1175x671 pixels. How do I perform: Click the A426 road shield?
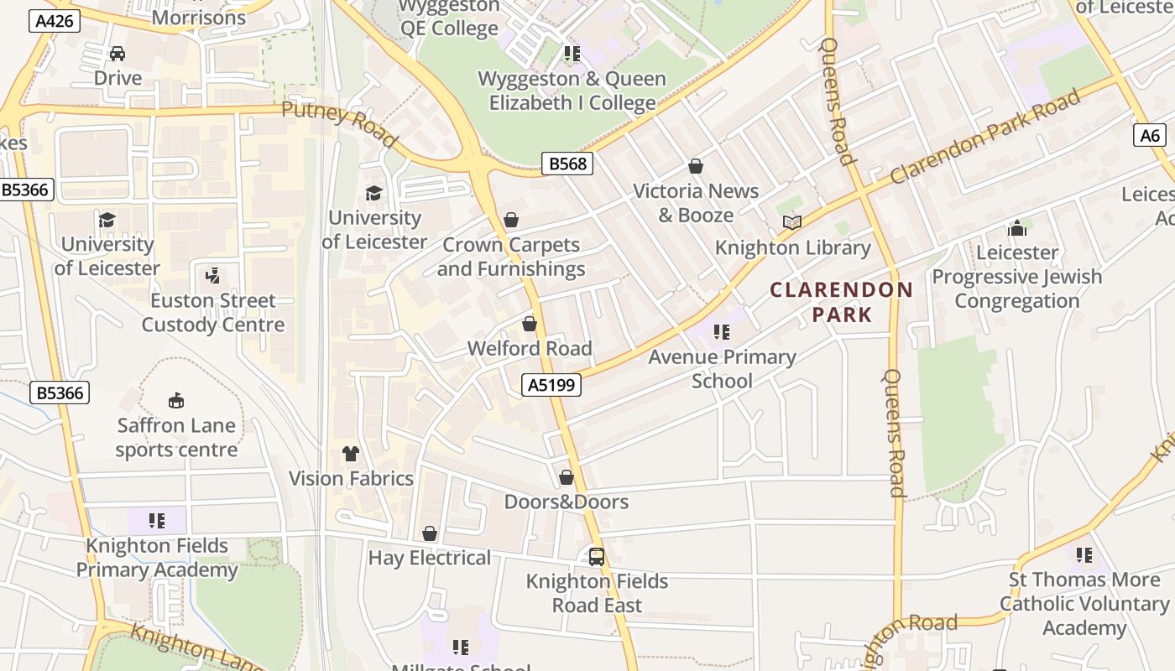click(55, 21)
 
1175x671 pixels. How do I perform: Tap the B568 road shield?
click(567, 164)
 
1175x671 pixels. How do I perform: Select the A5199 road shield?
click(551, 385)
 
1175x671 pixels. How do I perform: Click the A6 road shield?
click(1150, 135)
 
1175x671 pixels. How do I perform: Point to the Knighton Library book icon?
click(791, 222)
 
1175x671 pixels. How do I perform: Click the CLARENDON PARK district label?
click(842, 302)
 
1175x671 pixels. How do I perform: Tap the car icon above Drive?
click(117, 54)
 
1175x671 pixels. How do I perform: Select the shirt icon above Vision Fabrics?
click(351, 454)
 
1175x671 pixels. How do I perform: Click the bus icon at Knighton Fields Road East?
click(596, 556)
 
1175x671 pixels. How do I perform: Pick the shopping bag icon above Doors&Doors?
click(567, 477)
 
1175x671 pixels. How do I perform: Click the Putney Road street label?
click(339, 123)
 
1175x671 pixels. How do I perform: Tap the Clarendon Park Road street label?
click(985, 137)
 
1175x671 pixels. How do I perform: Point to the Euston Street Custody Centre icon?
click(212, 275)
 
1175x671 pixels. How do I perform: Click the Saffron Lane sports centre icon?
click(176, 400)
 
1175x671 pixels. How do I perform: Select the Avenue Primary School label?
click(722, 369)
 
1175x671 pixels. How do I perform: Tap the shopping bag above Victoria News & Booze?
click(695, 166)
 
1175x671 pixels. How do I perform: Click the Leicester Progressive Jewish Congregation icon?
click(1017, 227)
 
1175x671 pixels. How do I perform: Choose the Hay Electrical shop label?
click(429, 558)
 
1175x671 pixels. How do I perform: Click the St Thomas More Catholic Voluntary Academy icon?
click(1084, 554)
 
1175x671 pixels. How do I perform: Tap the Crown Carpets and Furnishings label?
click(510, 257)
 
